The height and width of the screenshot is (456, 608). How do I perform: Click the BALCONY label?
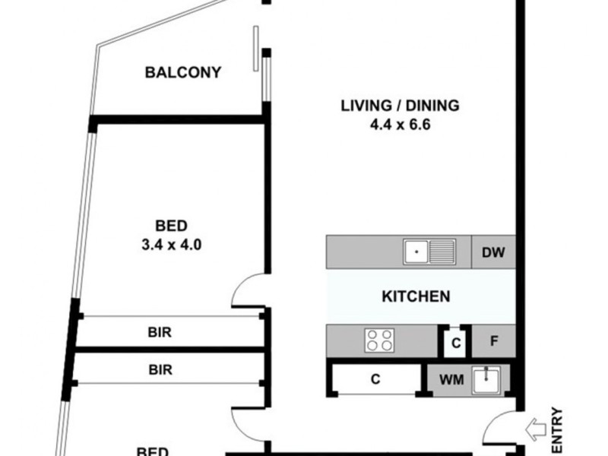pos(183,73)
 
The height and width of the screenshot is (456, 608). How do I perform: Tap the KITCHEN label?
pos(416,296)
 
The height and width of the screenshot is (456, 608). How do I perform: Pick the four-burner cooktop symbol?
pos(380,340)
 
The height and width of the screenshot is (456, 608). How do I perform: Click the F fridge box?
pos(493,342)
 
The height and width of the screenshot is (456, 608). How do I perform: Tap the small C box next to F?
pos(455,344)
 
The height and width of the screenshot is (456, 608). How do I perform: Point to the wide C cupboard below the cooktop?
pos(375,379)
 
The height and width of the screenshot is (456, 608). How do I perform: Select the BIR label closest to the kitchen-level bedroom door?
pos(160,332)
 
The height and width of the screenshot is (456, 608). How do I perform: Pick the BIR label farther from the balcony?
pos(160,370)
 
